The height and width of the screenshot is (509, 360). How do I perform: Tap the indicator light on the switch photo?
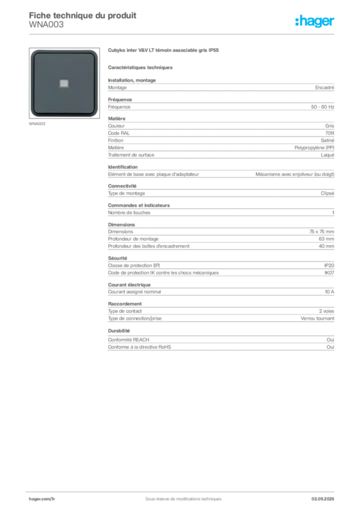click(64, 84)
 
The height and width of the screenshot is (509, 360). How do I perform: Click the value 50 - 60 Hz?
click(322, 107)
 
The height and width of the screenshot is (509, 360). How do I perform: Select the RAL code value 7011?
click(330, 133)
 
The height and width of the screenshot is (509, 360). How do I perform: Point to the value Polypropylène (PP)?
click(314, 148)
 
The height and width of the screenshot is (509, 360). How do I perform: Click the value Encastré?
click(325, 87)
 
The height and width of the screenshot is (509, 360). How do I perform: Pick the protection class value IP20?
click(329, 265)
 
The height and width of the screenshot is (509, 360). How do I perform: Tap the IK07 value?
click(329, 273)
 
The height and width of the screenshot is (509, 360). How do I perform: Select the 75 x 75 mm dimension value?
click(321, 232)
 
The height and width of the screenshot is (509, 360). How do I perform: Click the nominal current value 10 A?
click(329, 292)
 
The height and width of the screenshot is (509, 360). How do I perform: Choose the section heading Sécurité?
click(117, 258)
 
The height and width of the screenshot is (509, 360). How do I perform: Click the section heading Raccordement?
click(125, 304)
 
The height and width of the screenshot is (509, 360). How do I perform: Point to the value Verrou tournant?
click(317, 319)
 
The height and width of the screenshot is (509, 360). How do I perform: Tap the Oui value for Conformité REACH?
click(330, 339)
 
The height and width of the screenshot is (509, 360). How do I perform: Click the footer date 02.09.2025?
click(323, 499)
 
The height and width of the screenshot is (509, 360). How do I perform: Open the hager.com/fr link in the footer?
click(42, 499)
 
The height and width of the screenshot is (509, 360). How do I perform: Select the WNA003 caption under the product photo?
click(37, 124)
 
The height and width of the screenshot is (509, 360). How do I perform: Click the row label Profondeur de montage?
click(133, 239)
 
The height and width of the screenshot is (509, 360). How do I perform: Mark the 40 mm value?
click(326, 246)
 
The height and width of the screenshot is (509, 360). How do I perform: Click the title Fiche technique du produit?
click(83, 15)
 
